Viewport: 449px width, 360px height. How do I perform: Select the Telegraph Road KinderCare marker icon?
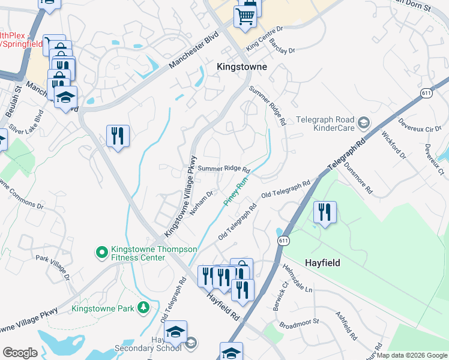363,124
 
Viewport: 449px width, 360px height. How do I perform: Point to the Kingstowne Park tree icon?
143,308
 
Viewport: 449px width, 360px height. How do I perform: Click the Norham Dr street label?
201,203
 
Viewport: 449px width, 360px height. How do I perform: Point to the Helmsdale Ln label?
298,278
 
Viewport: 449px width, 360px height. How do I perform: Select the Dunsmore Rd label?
358,179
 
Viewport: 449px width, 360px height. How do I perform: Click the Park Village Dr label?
53,268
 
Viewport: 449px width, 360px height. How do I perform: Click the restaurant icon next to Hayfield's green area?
325,212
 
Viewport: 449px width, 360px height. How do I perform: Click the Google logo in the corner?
20,352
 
